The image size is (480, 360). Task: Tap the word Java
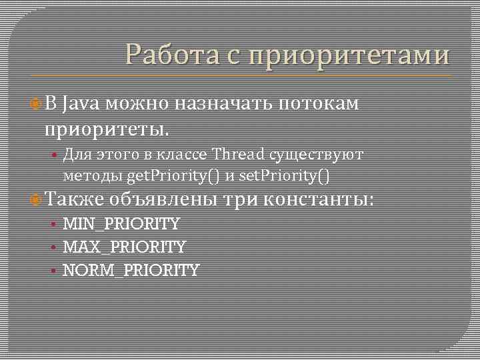point(81,103)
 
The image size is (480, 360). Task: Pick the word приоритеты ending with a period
point(107,126)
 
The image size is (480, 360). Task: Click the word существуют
point(317,155)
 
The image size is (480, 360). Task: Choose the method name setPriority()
point(284,175)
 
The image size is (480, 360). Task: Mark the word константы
point(319,199)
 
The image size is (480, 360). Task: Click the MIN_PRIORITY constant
point(121,223)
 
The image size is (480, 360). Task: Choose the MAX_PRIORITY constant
point(124,247)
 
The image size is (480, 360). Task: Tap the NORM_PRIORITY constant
point(131,270)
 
